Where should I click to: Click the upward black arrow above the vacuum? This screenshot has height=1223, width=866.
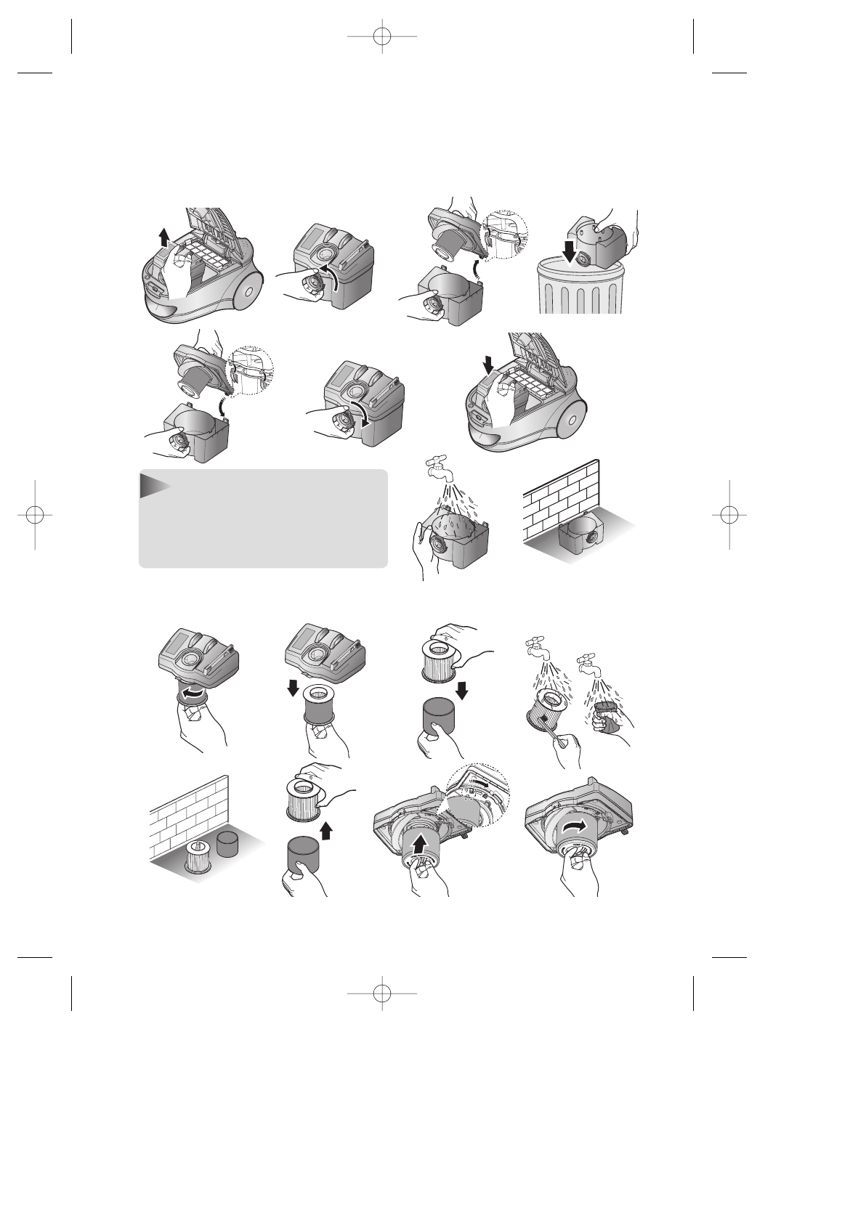pos(164,237)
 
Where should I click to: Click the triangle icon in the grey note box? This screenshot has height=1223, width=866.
pos(153,484)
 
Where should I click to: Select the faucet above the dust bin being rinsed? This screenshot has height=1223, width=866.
pos(438,467)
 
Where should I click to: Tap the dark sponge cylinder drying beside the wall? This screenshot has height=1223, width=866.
pos(231,844)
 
